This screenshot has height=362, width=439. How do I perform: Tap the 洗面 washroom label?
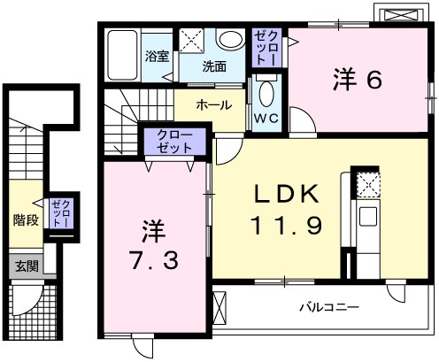(x=213, y=66)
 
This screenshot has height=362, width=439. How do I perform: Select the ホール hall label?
(x=213, y=104)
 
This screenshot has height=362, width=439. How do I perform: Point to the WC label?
(x=266, y=117)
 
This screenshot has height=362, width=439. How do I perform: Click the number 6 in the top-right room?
(x=372, y=80)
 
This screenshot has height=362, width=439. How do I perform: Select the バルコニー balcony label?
(x=327, y=309)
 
